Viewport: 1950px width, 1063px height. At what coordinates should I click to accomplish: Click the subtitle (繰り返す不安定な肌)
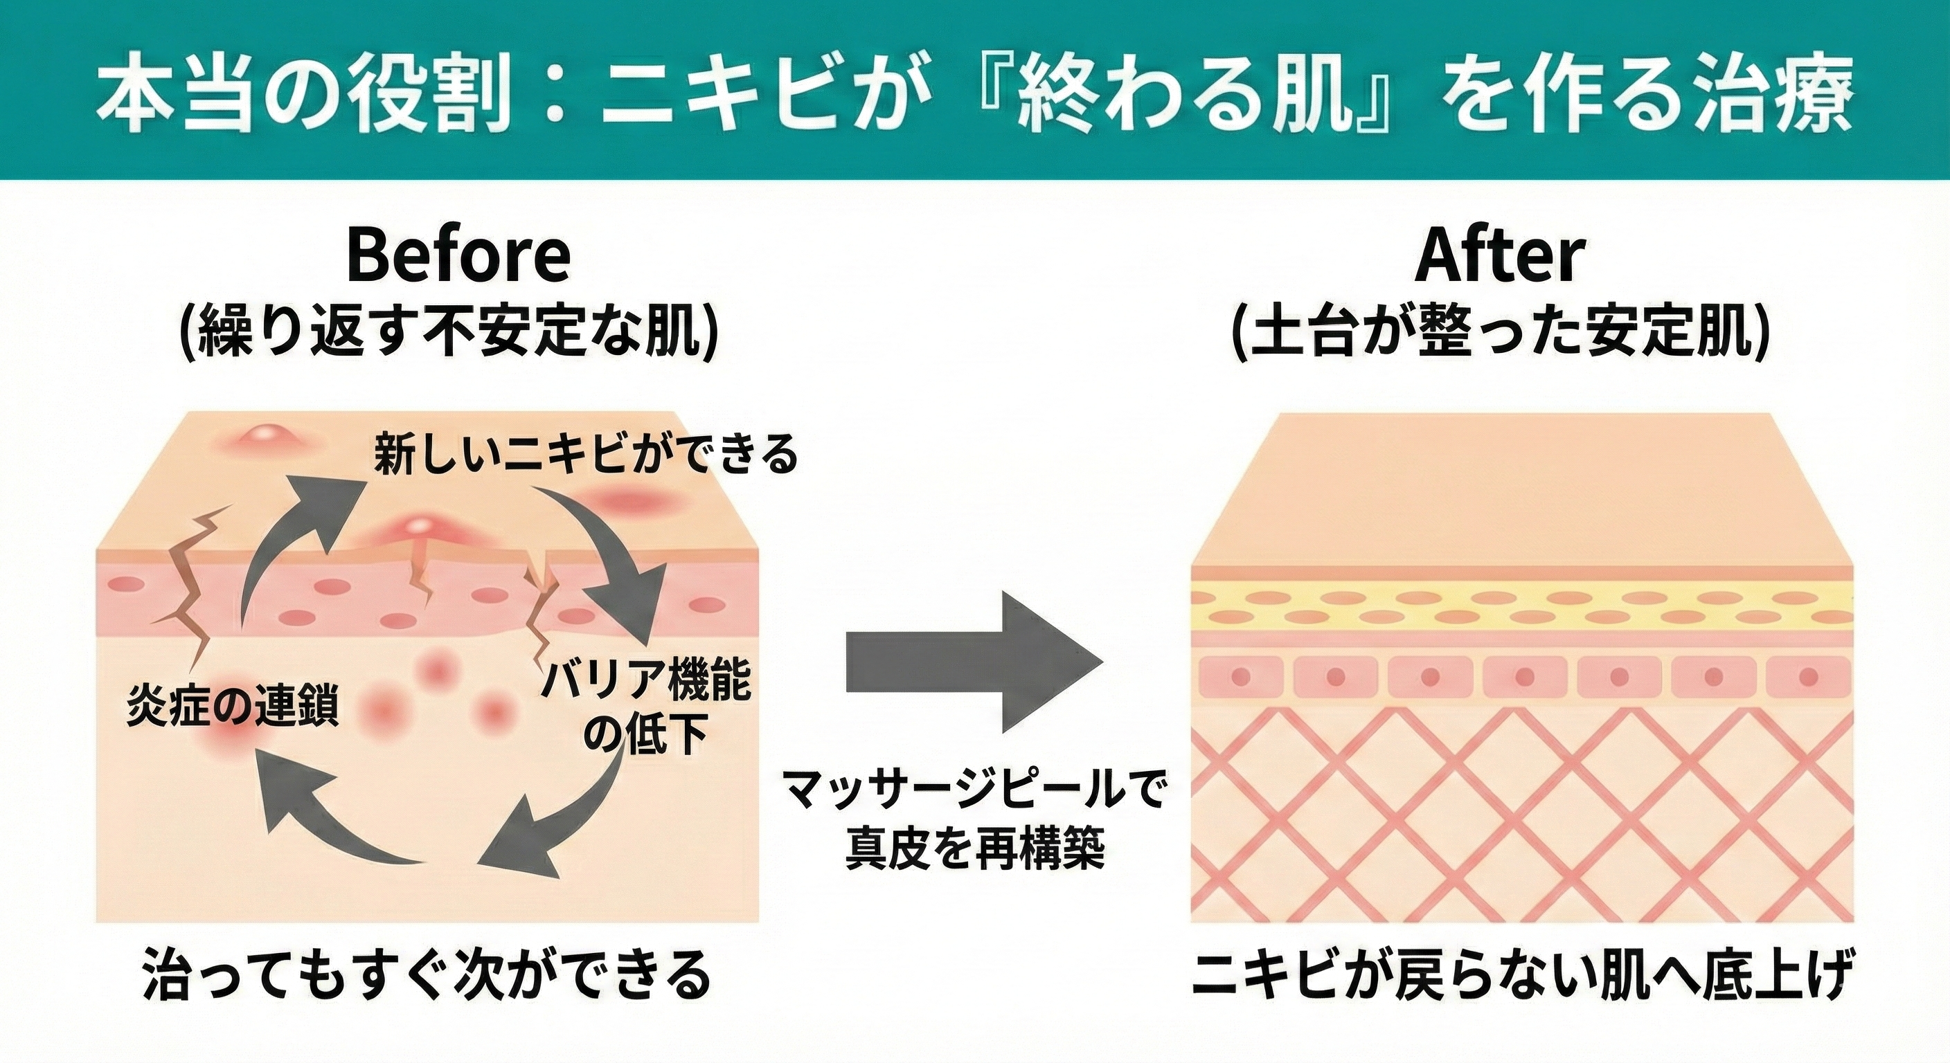pyautogui.click(x=448, y=331)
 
